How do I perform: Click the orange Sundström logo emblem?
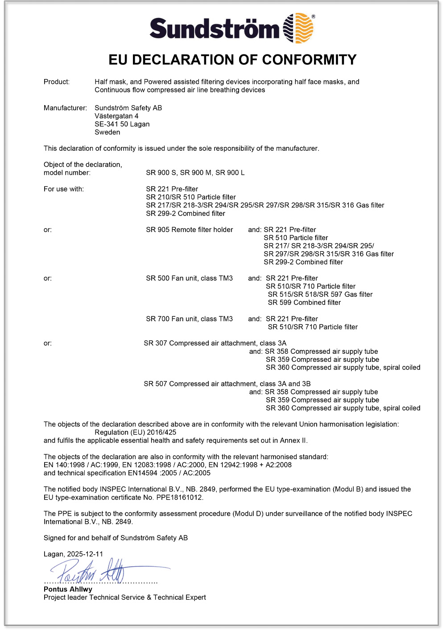pyautogui.click(x=299, y=28)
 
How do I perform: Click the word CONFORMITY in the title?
pyautogui.click(x=309, y=60)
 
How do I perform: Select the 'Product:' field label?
pyautogui.click(x=57, y=82)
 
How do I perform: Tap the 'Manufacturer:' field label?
pyautogui.click(x=65, y=108)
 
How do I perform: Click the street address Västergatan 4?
pyautogui.click(x=116, y=116)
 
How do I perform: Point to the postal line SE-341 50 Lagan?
pyautogui.click(x=122, y=124)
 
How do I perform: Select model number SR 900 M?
pyautogui.click(x=195, y=173)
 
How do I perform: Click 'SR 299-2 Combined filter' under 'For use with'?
pyautogui.click(x=186, y=213)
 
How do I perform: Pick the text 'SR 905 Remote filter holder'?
pyautogui.click(x=189, y=230)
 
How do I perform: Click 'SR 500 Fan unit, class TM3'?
pyautogui.click(x=189, y=278)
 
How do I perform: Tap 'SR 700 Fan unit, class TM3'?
pyautogui.click(x=189, y=319)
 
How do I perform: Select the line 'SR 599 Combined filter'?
pyautogui.click(x=304, y=303)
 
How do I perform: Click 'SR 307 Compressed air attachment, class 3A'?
pyautogui.click(x=215, y=343)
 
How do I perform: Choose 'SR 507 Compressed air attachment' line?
pyautogui.click(x=227, y=384)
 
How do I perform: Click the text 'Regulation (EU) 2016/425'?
pyautogui.click(x=135, y=432)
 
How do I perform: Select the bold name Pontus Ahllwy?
pyautogui.click(x=68, y=589)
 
